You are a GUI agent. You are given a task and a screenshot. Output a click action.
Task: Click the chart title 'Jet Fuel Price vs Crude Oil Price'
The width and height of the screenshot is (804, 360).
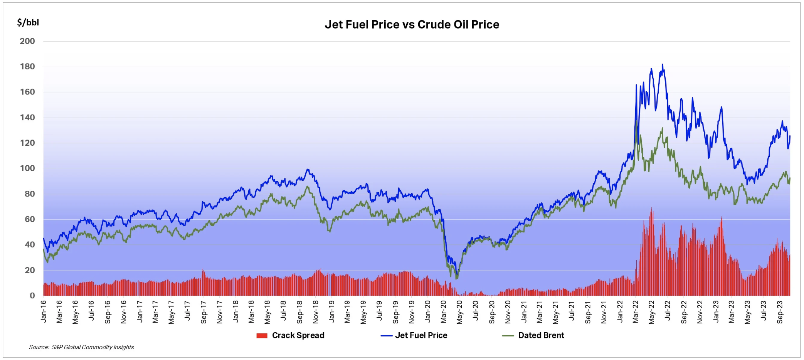[412, 25]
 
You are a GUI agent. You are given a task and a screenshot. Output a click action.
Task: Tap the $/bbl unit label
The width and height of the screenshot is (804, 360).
[28, 22]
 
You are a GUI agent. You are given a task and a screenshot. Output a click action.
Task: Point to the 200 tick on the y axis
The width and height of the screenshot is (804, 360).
[27, 41]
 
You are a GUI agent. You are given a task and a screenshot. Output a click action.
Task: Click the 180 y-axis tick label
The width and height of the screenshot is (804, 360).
[27, 67]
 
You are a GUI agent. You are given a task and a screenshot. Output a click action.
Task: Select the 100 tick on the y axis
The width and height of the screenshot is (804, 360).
[27, 168]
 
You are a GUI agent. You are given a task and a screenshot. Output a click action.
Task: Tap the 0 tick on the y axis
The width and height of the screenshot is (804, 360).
[32, 296]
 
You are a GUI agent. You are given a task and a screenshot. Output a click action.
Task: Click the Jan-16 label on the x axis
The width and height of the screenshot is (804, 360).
[44, 311]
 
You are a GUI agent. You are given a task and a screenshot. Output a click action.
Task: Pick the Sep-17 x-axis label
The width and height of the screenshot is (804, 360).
[204, 311]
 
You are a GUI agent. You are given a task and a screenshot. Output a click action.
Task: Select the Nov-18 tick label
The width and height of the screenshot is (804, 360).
[316, 311]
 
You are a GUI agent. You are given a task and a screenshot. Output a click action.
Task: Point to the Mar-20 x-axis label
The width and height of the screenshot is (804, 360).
[444, 311]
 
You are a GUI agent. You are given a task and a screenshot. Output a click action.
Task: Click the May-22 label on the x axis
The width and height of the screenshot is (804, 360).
[652, 311]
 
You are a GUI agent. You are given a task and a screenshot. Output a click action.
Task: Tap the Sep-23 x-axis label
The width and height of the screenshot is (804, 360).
[780, 311]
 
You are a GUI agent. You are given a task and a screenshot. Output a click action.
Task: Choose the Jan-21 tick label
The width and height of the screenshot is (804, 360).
[524, 311]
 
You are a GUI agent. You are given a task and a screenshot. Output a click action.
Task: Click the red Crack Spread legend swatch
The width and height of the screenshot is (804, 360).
[262, 336]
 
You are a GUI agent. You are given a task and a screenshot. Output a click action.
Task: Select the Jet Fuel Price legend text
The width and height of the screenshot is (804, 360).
[421, 335]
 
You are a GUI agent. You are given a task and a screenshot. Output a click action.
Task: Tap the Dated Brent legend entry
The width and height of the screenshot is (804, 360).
[541, 335]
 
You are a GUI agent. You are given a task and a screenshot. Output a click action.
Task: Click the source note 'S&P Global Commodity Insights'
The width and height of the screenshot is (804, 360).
[93, 347]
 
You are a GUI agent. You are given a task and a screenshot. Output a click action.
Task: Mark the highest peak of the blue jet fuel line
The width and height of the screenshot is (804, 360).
[662, 64]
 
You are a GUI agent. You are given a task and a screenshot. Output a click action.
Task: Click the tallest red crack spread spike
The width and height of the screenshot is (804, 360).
[651, 209]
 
